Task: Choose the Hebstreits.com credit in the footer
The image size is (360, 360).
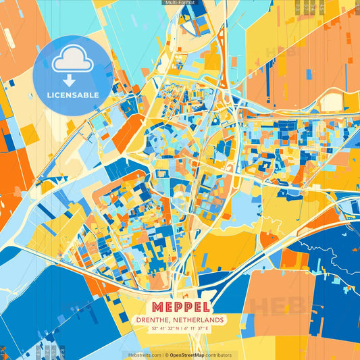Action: [143, 355]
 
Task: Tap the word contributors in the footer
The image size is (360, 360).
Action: [219, 355]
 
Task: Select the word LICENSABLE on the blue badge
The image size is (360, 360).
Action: [72, 95]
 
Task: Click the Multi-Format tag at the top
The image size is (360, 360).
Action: [180, 3]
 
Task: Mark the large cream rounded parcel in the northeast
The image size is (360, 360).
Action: [331, 101]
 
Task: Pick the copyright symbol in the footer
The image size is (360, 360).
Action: [164, 355]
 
